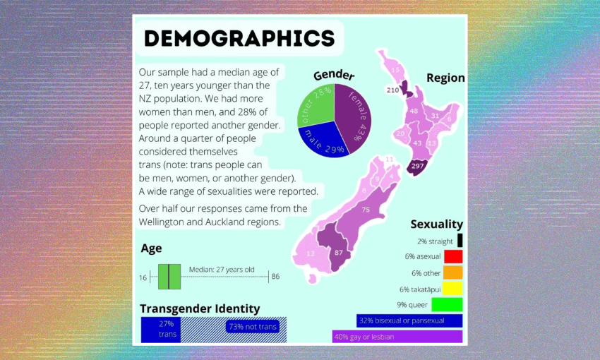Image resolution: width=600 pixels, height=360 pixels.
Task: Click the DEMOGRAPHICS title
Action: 239,38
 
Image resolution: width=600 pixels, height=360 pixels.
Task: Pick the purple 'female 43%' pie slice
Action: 353,113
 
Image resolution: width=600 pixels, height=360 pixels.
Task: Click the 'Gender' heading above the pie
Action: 334,75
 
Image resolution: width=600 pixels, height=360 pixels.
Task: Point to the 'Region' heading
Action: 445,78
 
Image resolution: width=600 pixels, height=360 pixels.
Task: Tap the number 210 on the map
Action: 392,90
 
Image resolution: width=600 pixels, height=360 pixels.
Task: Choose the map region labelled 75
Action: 365,210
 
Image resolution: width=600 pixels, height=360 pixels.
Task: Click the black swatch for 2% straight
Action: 460,241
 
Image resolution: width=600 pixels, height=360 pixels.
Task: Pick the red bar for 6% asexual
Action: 453,256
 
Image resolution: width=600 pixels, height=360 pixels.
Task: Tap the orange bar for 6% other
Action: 453,272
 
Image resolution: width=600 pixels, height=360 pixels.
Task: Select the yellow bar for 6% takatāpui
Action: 453,289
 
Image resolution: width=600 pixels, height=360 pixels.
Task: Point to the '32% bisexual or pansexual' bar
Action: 409,320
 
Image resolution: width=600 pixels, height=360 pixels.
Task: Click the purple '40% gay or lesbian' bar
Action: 397,337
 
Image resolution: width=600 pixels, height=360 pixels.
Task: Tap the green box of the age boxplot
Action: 169,276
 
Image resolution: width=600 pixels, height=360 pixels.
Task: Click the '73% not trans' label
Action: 252,327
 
